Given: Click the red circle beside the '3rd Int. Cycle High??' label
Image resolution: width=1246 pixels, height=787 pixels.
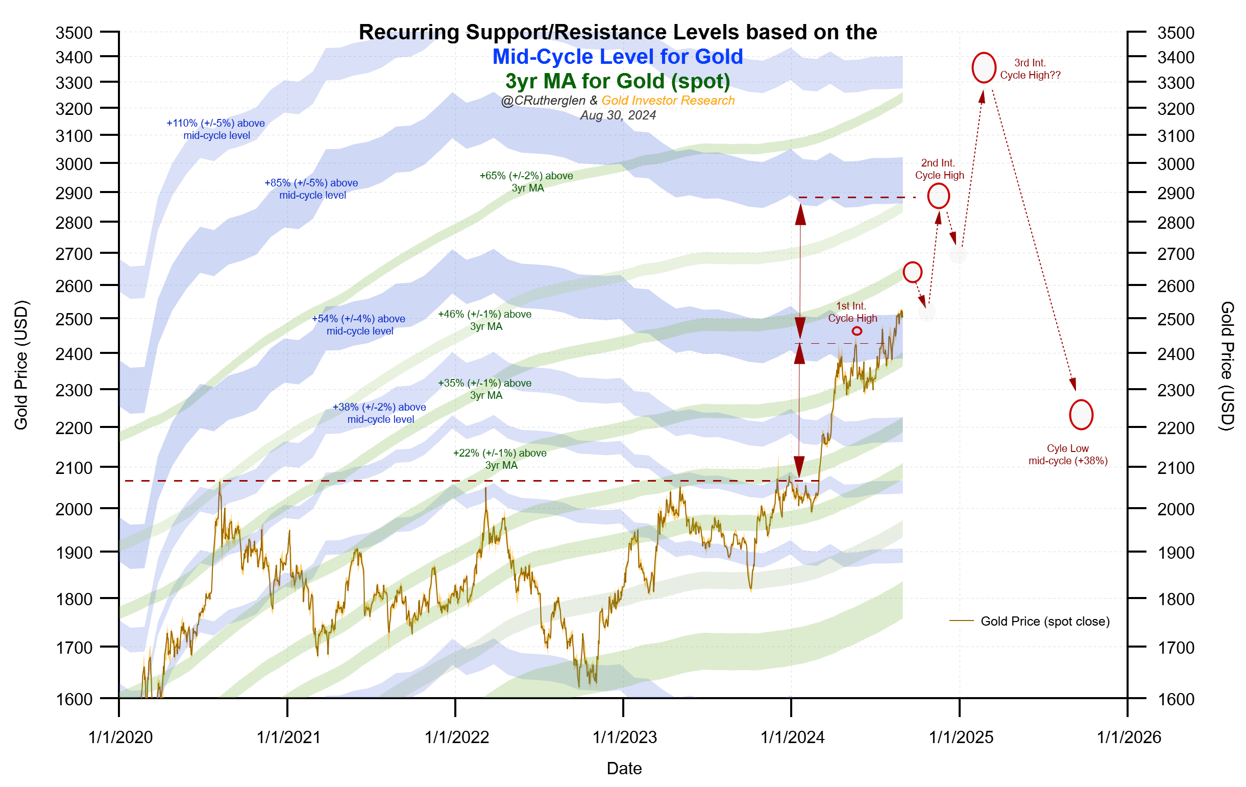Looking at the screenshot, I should [x=984, y=68].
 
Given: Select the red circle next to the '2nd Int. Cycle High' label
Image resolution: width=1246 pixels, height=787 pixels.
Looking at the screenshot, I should [x=938, y=196].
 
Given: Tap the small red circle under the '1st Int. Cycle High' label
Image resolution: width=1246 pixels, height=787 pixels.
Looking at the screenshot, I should [x=857, y=331].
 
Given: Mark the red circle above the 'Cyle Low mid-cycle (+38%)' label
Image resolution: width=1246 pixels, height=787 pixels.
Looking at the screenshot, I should [x=1081, y=415].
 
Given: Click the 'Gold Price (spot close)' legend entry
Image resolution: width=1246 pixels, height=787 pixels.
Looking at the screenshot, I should [x=1045, y=622].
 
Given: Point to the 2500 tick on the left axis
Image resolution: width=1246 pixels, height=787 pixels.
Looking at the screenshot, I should [x=74, y=319].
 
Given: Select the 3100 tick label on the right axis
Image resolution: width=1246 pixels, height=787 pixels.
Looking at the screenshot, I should [x=1176, y=136].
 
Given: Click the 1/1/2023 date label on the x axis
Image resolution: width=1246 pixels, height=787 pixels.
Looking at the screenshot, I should [x=625, y=737].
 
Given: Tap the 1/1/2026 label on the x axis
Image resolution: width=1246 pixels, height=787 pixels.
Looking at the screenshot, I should [x=1129, y=737].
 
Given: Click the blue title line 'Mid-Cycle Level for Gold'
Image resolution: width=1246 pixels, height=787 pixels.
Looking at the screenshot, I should [x=617, y=57].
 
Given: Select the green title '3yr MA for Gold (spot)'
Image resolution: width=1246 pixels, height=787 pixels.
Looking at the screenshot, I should [x=617, y=81].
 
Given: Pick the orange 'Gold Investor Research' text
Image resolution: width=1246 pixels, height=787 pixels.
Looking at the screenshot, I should [x=668, y=101].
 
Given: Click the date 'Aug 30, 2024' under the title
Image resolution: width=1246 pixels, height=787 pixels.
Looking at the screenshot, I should [x=618, y=115].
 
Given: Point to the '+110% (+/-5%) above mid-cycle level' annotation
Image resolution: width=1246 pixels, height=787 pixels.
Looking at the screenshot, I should [x=216, y=129].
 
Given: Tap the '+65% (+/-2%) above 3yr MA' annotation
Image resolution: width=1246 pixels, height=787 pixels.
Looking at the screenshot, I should [x=526, y=182].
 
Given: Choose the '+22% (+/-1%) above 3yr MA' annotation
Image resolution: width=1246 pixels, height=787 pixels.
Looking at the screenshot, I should [x=500, y=459].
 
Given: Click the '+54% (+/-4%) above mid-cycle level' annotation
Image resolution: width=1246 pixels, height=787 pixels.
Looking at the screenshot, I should [x=358, y=325].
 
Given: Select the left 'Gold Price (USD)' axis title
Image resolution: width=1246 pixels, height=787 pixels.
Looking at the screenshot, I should [x=21, y=365].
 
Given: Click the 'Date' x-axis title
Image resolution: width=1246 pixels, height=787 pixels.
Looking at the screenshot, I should [x=624, y=769].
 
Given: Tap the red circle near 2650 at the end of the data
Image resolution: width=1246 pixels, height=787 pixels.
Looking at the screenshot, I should [x=912, y=272].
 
